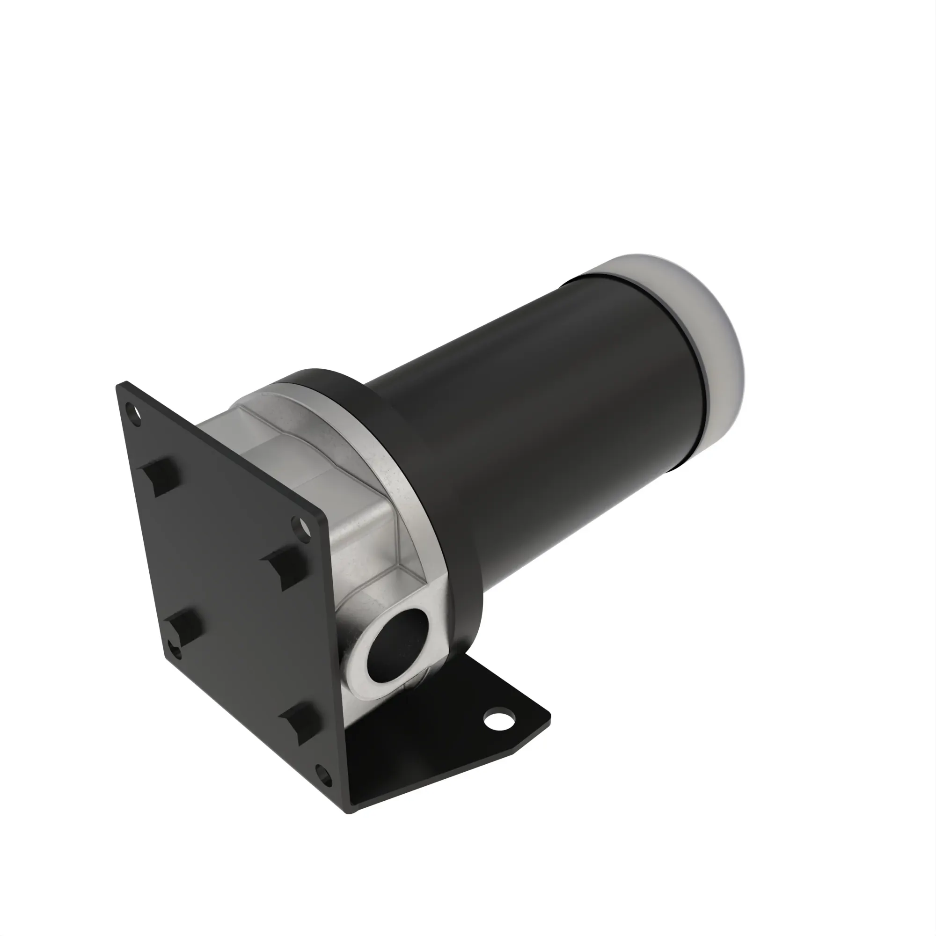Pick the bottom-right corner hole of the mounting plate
coord(324,774)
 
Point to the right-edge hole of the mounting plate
coord(301,529)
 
